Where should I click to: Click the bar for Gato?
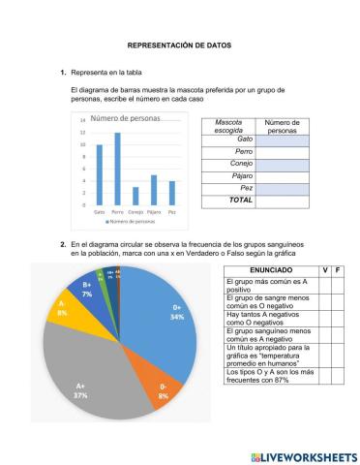(99, 175)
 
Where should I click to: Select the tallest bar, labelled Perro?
(117, 170)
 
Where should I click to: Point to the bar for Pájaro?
(154, 190)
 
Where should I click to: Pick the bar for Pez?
(172, 193)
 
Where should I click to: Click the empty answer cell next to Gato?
(282, 140)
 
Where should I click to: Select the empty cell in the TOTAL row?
(282, 200)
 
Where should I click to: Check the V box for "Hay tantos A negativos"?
(325, 315)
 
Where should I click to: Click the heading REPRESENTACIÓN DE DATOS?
(179, 46)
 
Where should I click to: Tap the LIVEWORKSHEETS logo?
(303, 455)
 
